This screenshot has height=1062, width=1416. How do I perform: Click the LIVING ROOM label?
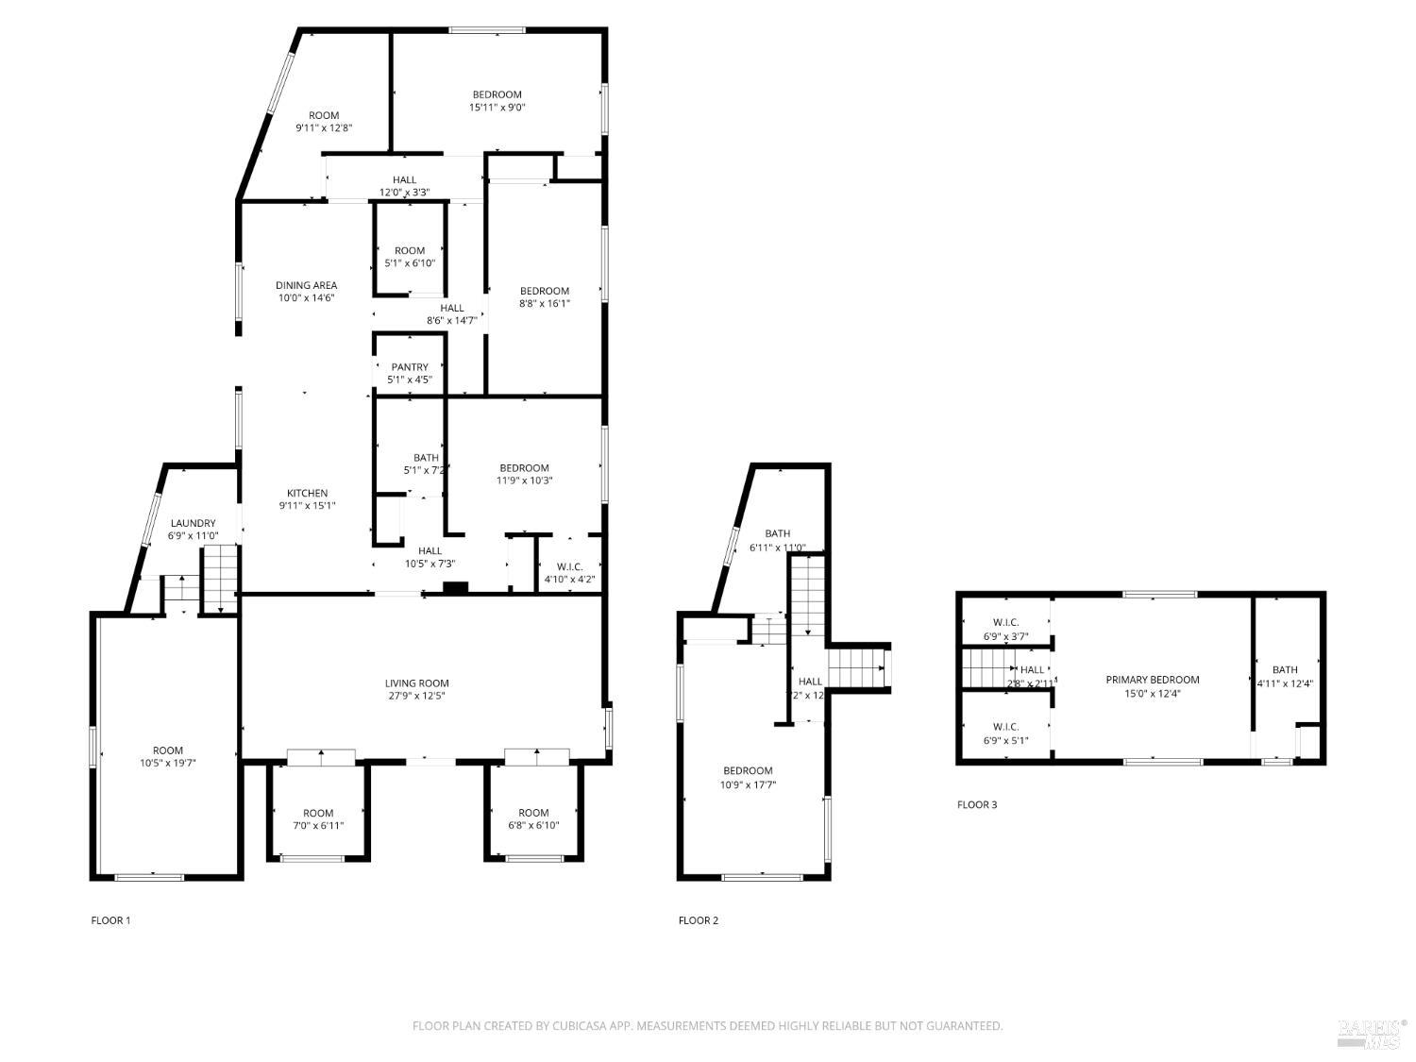416,683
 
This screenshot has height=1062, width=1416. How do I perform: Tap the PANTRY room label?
410,367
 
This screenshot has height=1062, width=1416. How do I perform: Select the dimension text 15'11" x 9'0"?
497,108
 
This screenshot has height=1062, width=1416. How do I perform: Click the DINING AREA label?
306,285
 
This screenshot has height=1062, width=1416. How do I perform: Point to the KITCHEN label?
307,493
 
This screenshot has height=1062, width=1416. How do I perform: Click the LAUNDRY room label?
193,523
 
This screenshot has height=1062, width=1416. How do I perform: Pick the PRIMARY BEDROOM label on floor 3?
1152,680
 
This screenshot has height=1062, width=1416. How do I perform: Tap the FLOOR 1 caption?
110,920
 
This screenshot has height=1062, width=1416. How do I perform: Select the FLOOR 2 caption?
698,920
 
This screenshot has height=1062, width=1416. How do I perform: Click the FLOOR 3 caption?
976,805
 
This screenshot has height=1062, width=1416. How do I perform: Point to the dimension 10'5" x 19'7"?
168,763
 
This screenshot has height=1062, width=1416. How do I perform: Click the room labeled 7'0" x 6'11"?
318,818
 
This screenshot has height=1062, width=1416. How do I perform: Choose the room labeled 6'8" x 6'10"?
533,818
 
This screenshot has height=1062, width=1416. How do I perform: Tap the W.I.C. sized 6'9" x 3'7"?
1005,629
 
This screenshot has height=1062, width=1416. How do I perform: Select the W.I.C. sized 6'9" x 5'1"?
1005,733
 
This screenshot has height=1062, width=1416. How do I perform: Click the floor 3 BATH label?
1284,670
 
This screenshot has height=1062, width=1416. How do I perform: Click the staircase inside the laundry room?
219,578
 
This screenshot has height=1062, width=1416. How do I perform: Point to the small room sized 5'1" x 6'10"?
410,257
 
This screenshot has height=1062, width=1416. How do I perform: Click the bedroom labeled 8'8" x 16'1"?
545,296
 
